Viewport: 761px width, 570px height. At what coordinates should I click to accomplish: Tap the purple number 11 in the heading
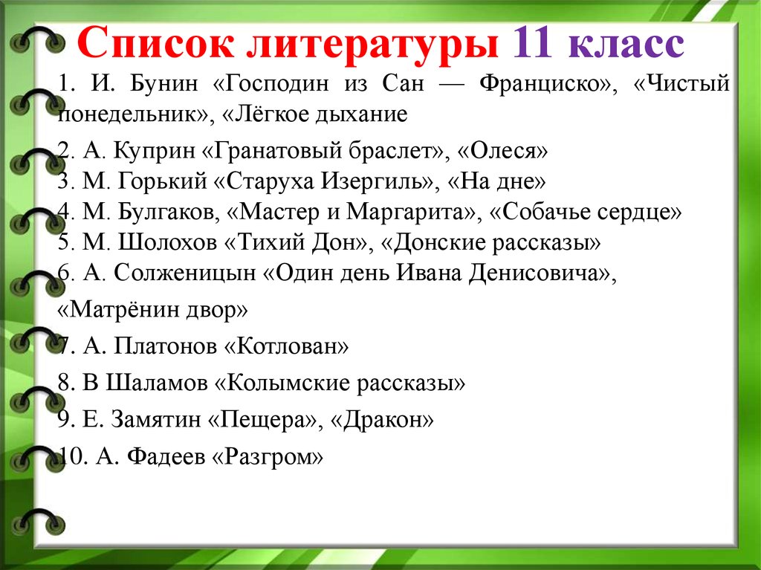[532, 42]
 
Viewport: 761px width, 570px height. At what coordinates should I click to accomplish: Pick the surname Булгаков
[169, 213]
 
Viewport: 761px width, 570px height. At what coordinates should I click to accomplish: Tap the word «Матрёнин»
[124, 309]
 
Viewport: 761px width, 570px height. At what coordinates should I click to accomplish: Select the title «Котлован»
[286, 346]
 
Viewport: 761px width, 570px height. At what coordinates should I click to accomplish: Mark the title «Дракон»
[382, 419]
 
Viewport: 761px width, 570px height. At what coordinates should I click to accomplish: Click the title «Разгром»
[268, 457]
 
